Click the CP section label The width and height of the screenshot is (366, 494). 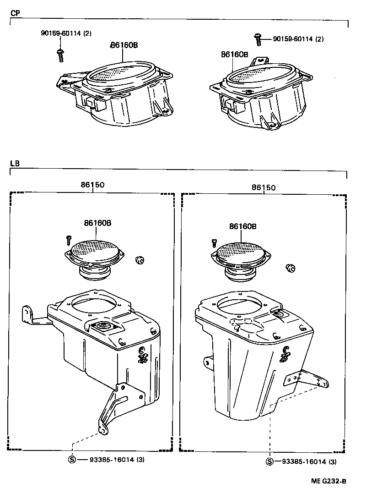pos(15,13)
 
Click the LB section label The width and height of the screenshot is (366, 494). pos(15,163)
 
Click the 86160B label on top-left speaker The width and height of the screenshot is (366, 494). pos(124,45)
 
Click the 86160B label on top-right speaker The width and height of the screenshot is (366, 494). pos(234,54)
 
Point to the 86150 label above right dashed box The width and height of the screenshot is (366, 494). pos(264,187)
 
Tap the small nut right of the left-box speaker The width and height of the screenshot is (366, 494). pos(140,261)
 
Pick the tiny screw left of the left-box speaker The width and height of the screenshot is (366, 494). pos(69,239)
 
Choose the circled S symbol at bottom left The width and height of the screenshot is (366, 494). pos(71,460)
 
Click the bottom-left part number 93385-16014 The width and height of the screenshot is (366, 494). pos(106,460)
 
